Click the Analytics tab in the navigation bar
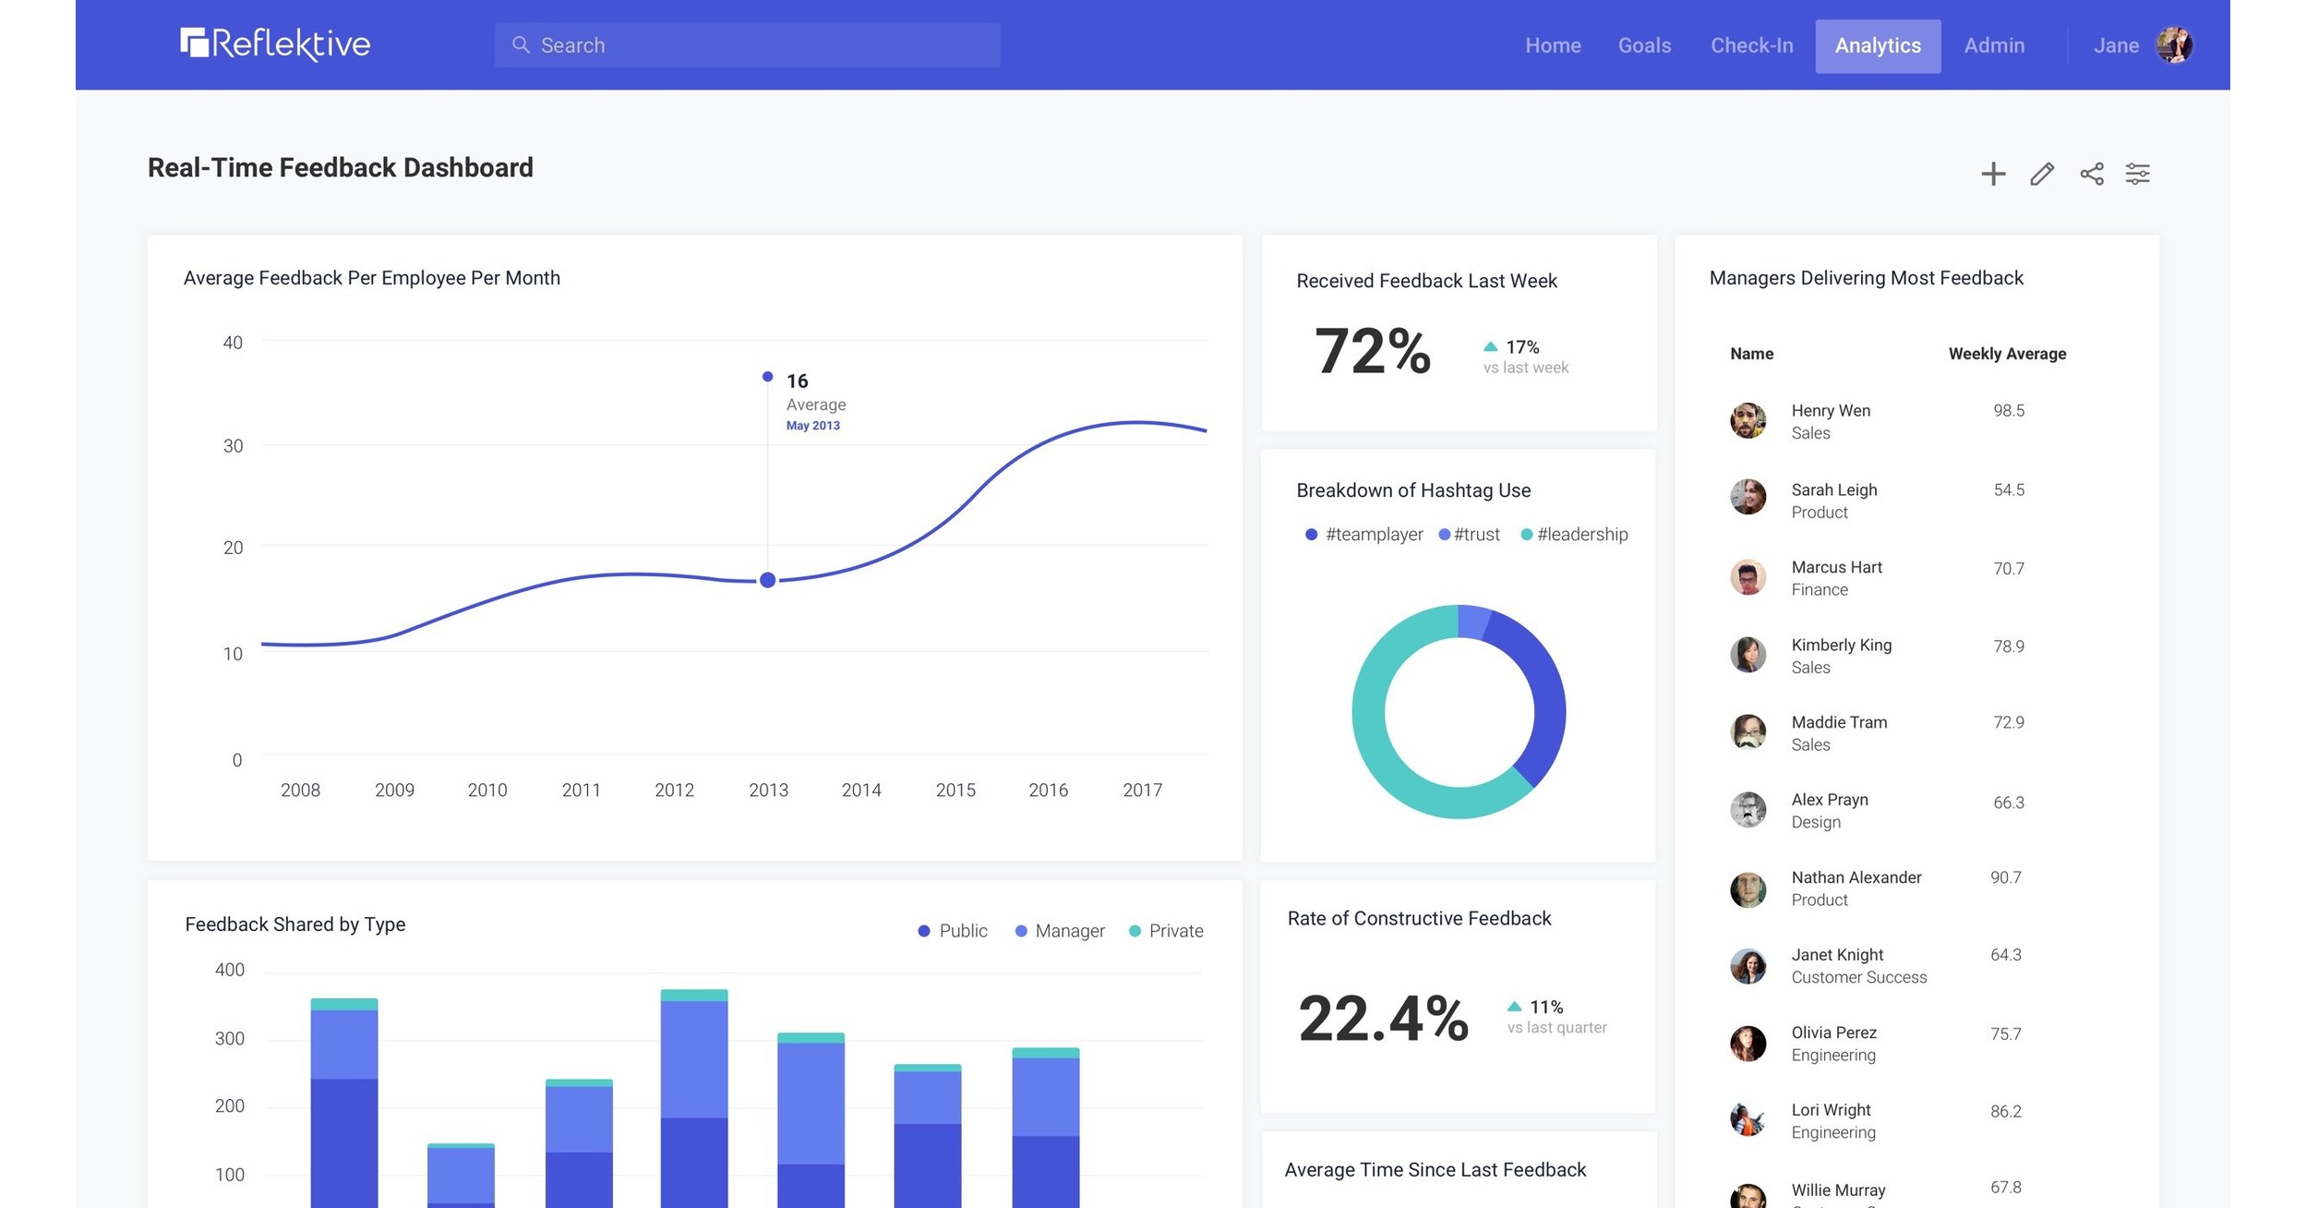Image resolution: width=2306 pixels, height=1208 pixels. click(1877, 45)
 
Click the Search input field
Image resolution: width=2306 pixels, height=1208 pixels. click(748, 45)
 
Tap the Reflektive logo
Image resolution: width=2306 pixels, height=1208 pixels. click(275, 43)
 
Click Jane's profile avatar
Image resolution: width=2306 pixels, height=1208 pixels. click(2173, 44)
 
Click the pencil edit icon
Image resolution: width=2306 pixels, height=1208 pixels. click(2041, 174)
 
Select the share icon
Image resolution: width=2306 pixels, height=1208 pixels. click(2091, 174)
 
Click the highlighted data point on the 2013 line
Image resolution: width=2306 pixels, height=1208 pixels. click(767, 580)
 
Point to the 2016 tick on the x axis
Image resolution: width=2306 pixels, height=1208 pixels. click(1048, 790)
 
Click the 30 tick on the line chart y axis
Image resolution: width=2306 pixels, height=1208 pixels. click(233, 446)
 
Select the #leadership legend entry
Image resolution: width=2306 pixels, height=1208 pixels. click(1574, 534)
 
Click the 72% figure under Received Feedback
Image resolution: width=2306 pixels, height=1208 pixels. click(1372, 351)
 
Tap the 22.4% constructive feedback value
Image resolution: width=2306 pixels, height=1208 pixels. click(1382, 1018)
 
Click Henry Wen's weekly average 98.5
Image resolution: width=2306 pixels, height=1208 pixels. click(2008, 410)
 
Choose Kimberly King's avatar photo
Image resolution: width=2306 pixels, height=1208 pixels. click(1747, 655)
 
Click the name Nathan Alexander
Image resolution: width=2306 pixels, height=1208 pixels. click(1856, 877)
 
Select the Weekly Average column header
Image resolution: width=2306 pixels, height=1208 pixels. click(2006, 354)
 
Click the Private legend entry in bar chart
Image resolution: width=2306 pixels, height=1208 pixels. click(1166, 931)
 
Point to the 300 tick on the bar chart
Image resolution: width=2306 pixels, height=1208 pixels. click(229, 1038)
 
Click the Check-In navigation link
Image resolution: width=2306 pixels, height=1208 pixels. click(1751, 45)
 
